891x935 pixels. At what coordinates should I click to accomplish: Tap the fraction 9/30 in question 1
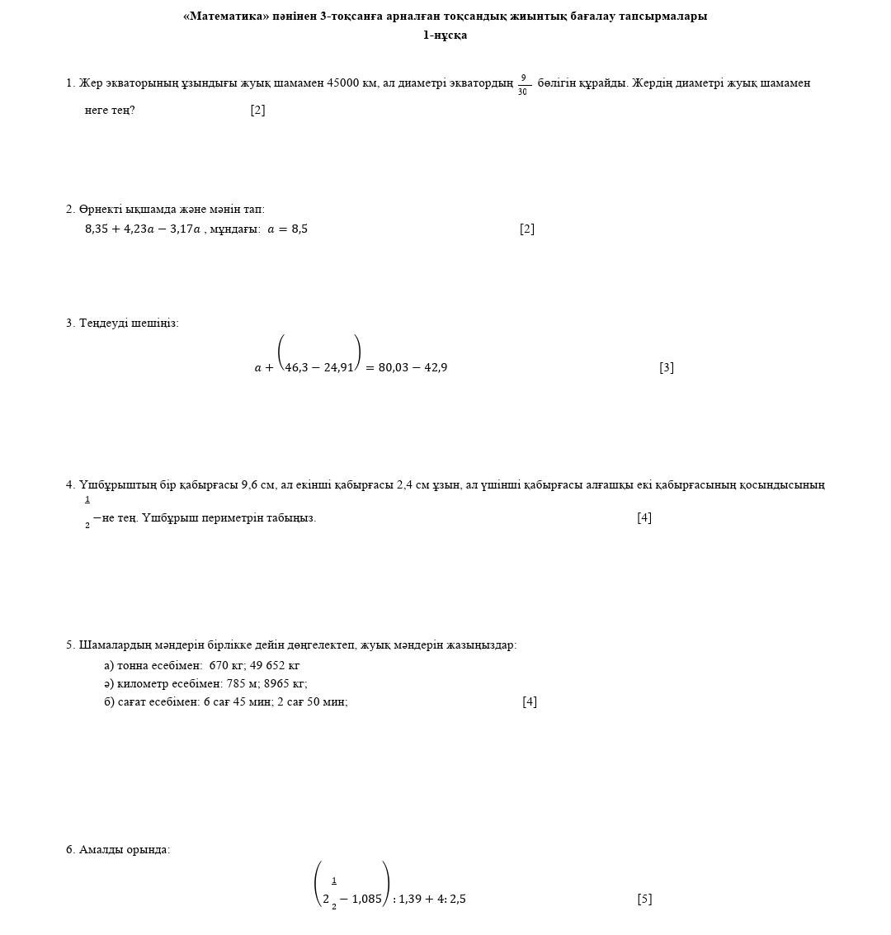(523, 84)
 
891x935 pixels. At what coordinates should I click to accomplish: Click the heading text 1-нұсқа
(445, 35)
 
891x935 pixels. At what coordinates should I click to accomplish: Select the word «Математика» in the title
(226, 17)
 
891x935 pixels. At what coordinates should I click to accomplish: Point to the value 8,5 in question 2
(299, 229)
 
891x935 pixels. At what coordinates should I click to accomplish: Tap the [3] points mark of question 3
(667, 368)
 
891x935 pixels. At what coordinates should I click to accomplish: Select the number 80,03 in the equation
(394, 368)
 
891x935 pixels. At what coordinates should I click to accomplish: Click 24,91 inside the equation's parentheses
(338, 368)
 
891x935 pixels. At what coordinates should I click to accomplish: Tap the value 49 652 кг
(275, 666)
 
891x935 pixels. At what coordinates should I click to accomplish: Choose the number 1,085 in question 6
(367, 900)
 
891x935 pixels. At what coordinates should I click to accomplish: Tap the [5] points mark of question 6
(644, 900)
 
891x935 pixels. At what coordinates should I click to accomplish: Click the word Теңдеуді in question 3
(103, 323)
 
